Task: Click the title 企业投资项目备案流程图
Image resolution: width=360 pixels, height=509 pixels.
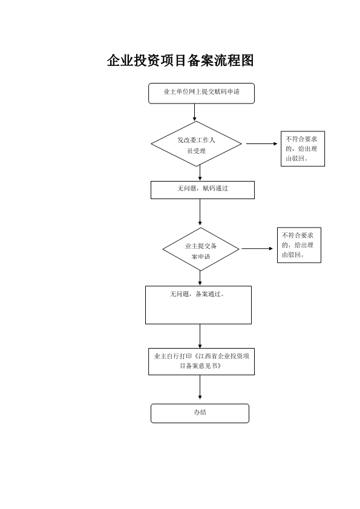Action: point(180,61)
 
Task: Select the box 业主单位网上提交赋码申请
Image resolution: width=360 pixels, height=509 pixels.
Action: point(201,93)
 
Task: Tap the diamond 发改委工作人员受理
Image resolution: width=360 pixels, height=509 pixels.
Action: point(196,144)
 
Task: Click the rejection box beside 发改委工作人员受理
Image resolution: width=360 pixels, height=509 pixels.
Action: point(303,149)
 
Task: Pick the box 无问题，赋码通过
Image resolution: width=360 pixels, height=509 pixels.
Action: point(203,190)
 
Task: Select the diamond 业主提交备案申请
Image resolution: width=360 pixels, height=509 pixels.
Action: point(201,249)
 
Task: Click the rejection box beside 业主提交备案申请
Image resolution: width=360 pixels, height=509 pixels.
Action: point(299,245)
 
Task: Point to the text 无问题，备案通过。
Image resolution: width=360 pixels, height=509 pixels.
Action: point(197,294)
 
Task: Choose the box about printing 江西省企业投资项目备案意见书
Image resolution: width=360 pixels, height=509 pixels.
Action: point(201,361)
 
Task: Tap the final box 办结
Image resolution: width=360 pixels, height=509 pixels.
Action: point(200,413)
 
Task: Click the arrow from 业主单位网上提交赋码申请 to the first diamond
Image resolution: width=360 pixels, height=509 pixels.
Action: point(194,113)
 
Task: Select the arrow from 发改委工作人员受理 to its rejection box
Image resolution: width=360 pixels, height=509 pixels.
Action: point(261,143)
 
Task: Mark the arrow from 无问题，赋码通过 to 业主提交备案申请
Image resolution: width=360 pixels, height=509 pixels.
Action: point(200,212)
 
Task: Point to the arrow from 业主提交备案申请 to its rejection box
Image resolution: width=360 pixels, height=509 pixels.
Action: point(257,249)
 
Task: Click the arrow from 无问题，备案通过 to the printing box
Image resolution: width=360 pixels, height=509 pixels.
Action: point(200,336)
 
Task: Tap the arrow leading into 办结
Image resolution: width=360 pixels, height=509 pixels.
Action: point(200,387)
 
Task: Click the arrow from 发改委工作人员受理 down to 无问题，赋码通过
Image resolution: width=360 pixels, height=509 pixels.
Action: point(200,172)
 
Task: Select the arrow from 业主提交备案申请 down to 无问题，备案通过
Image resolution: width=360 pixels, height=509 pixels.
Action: point(200,278)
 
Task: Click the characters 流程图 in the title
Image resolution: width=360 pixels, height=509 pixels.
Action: point(234,61)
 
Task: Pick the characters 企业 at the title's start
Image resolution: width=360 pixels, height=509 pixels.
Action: point(120,61)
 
